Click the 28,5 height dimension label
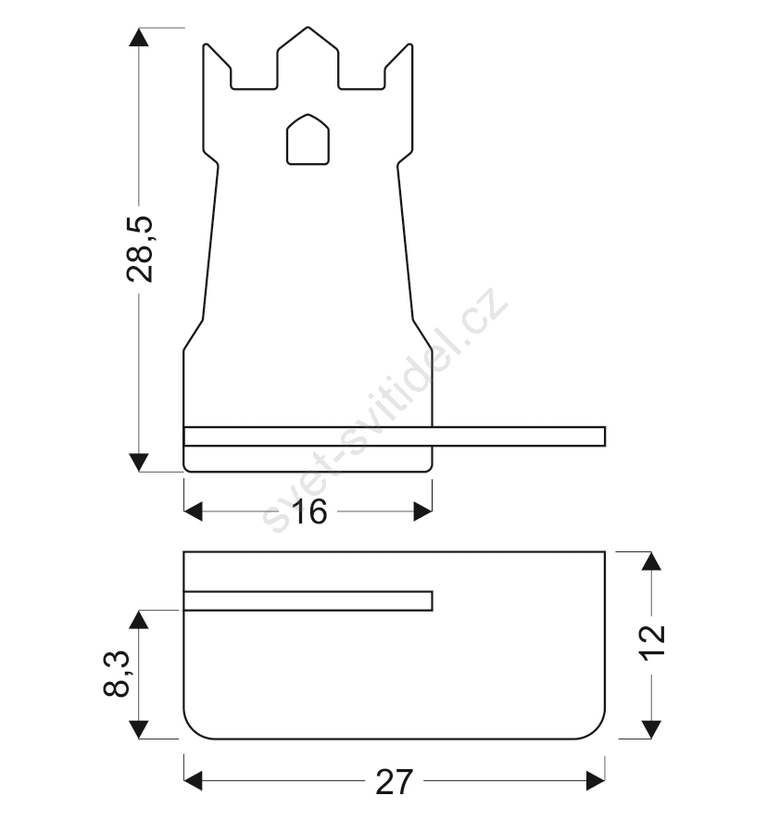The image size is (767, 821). (140, 249)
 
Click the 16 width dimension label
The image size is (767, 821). (309, 512)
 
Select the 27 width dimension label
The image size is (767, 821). (395, 782)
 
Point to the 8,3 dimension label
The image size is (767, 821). (117, 674)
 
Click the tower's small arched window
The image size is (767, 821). (308, 139)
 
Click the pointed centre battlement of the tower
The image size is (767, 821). (308, 57)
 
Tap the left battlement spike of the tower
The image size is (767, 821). (217, 66)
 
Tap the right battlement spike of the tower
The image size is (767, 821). (399, 66)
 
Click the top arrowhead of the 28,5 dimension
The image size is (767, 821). (139, 37)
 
